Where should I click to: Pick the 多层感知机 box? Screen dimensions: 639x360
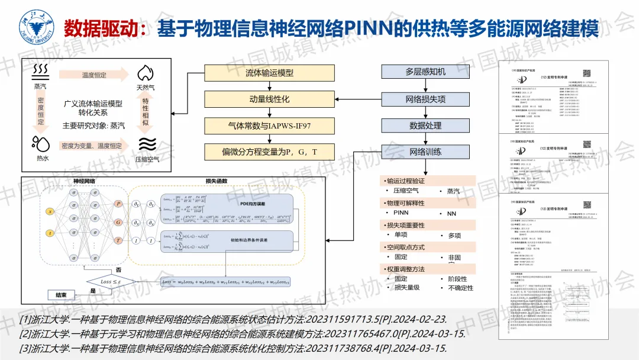click(x=425, y=72)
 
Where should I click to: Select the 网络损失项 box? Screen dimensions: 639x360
click(x=425, y=99)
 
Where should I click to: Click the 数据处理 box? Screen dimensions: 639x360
click(x=425, y=126)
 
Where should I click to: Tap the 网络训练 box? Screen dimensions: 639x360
click(x=425, y=152)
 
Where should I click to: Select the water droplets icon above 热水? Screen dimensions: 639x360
click(x=41, y=144)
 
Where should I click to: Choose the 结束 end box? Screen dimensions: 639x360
click(x=62, y=294)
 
